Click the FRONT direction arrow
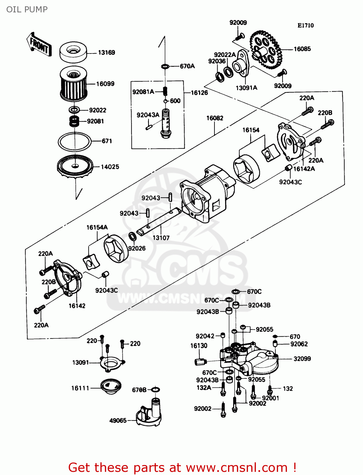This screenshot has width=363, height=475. (39, 45)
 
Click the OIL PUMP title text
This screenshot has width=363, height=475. (27, 9)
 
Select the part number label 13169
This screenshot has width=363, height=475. (106, 53)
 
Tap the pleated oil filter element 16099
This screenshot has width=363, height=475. (73, 85)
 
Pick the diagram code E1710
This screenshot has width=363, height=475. (305, 26)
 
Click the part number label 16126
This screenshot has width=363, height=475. (199, 92)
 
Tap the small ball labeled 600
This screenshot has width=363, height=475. (165, 101)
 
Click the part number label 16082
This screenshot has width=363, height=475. (215, 118)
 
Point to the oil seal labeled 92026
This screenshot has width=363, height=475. (132, 237)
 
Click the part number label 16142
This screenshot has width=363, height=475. (77, 306)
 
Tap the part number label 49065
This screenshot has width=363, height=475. (118, 421)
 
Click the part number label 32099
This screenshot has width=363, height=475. (302, 358)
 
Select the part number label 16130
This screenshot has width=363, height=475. (199, 345)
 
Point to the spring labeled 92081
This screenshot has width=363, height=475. (74, 121)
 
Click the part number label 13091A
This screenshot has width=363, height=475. (246, 88)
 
